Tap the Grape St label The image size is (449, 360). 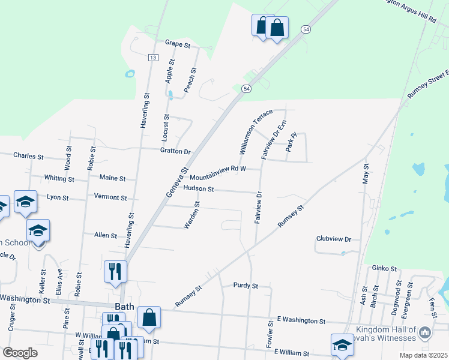pos(177,44)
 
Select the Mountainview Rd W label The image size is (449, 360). pos(218,174)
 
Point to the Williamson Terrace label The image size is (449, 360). pos(256,132)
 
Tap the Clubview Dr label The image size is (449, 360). pos(333,239)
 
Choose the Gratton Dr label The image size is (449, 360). pos(175,151)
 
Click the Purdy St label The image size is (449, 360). pos(246,286)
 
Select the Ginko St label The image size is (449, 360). pos(385,268)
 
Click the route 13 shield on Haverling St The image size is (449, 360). pos(153,57)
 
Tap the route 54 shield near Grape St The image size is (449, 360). pos(306,29)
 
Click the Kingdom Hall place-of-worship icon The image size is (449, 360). pos(424,332)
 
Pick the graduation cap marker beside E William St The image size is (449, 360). pos(342,344)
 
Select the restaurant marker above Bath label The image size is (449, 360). pos(115,271)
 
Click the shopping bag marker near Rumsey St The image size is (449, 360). pos(149,318)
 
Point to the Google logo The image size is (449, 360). pos(20,353)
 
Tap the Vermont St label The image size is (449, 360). pos(110,197)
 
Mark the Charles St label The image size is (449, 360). pos(28,156)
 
